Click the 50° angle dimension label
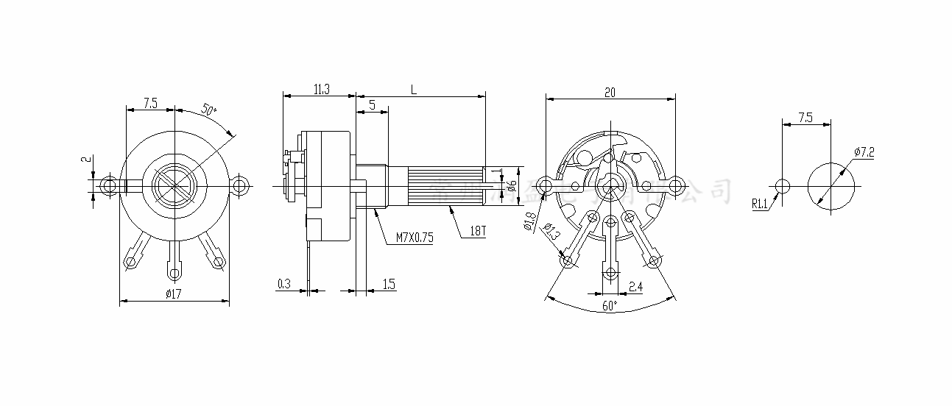point(208,111)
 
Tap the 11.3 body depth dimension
point(321,89)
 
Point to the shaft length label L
point(415,89)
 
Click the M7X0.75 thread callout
point(415,237)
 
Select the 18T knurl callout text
point(478,231)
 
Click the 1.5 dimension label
point(389,283)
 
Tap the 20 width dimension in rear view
point(610,92)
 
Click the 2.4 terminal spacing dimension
point(635,286)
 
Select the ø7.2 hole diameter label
point(864,152)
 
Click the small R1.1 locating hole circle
point(782,185)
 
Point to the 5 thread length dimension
point(373,105)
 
